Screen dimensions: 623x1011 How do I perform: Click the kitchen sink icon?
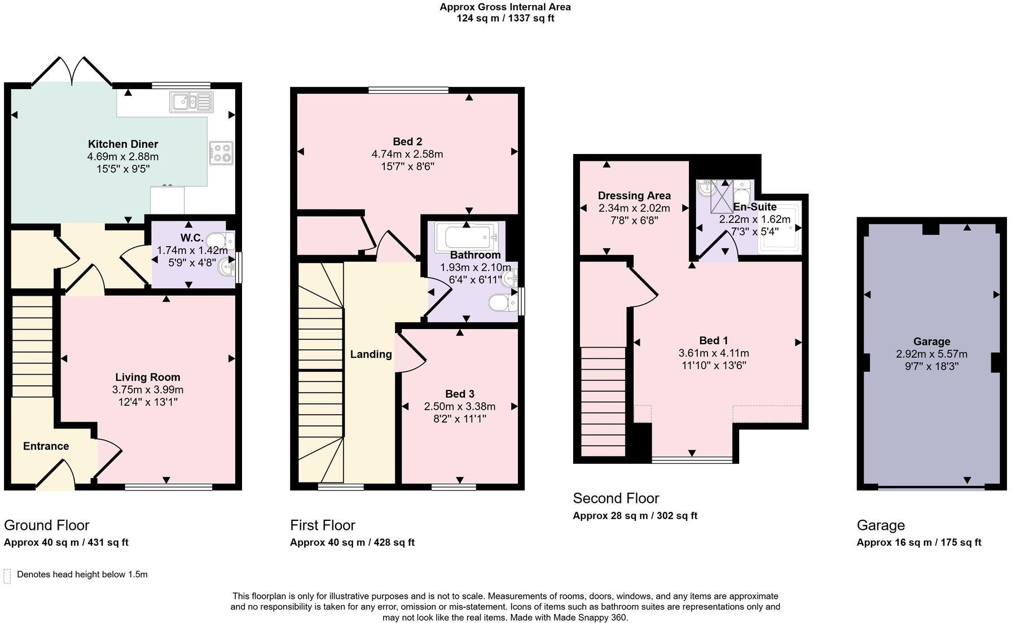coord(191,102)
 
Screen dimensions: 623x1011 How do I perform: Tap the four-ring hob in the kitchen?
coord(221,152)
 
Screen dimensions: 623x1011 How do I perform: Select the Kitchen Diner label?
coord(122,144)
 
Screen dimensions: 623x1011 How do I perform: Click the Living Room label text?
coord(148,377)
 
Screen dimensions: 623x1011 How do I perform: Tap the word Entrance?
coord(46,446)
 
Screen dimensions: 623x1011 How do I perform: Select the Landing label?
coord(371,354)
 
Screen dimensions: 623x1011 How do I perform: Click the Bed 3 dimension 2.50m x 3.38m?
coord(459,406)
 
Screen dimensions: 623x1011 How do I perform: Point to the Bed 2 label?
coord(407,141)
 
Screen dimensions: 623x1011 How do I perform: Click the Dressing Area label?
coord(634,195)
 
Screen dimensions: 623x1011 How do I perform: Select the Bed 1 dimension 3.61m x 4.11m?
coord(713,353)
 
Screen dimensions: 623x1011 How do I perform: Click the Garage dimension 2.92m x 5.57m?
coord(931,354)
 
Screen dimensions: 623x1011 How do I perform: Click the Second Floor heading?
coord(616,498)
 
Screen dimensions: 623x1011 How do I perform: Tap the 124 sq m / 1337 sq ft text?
coord(505,18)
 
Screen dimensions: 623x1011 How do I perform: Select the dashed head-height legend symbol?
coord(7,576)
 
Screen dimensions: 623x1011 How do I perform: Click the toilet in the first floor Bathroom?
coord(502,303)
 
